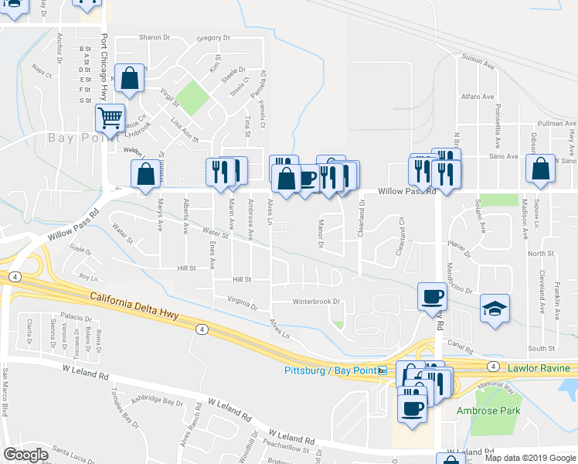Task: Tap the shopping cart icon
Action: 110,118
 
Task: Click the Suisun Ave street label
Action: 477,60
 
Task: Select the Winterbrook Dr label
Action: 316,301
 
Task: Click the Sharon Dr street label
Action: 154,37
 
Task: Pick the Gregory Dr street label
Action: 214,37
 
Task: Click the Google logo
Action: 25,455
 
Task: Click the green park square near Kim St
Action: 196,97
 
